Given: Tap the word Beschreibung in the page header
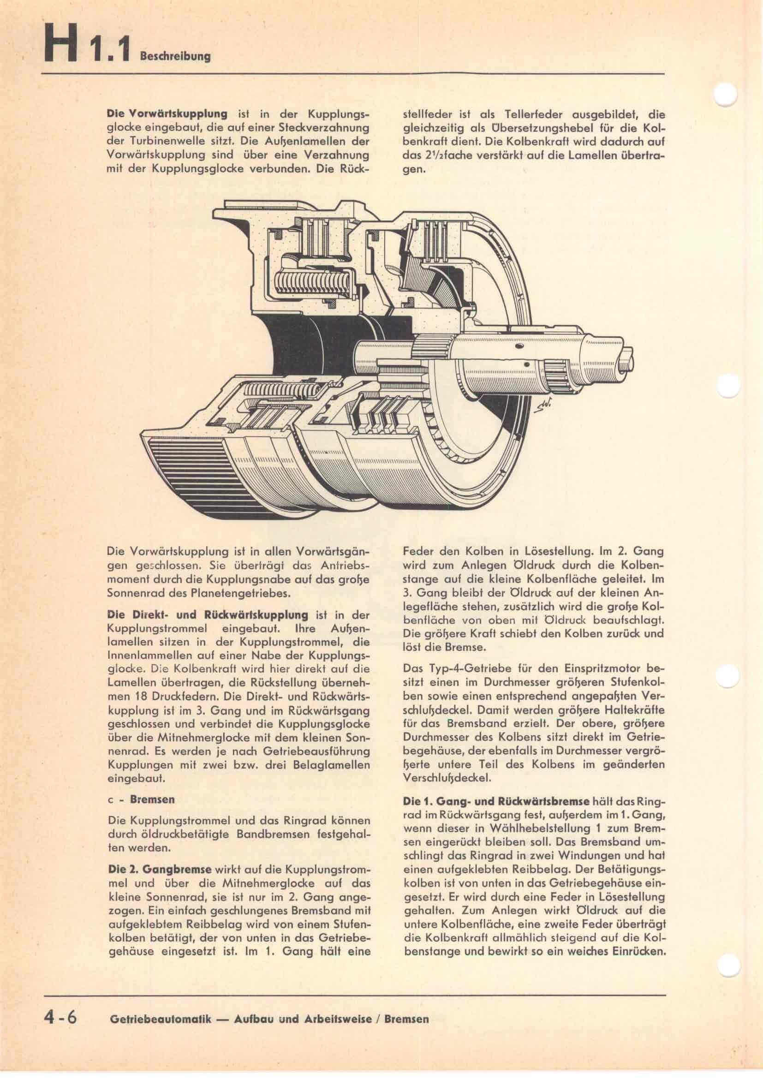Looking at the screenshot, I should [175, 56].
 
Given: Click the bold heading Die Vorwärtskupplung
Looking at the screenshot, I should [167, 114].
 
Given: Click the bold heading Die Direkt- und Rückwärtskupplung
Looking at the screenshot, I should [208, 614].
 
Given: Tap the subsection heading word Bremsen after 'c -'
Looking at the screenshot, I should [152, 799].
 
